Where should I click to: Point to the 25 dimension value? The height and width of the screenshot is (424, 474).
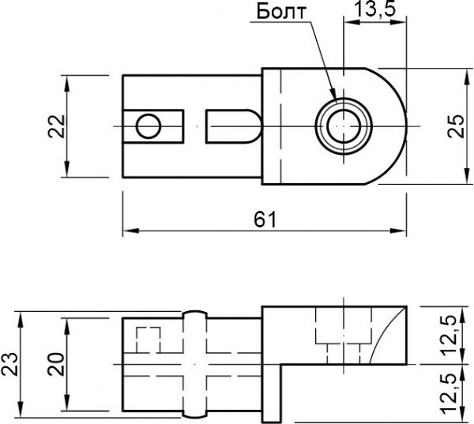click(456, 126)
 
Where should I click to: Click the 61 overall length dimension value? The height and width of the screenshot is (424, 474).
click(264, 219)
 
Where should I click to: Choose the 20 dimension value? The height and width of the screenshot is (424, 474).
click(56, 363)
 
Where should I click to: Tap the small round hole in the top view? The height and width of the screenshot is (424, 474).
click(148, 126)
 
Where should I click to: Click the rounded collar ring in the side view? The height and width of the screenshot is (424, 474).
click(195, 363)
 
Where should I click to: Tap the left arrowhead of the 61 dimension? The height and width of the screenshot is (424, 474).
click(127, 231)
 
